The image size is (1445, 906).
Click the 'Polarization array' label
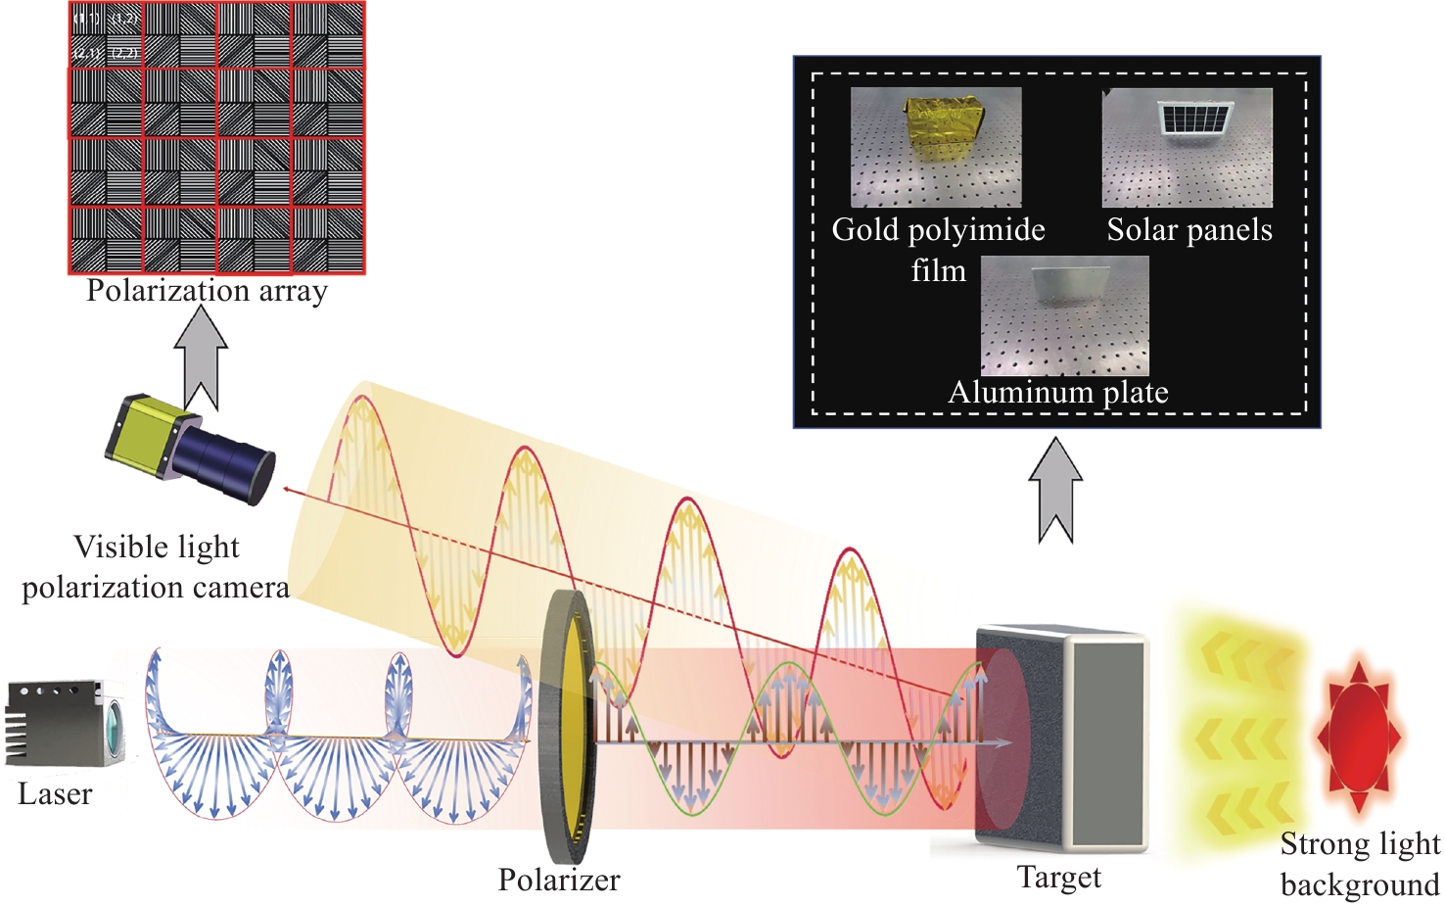[207, 291]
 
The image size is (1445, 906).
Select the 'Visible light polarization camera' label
[157, 566]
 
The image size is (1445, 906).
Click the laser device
[65, 724]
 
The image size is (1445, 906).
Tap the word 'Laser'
[55, 793]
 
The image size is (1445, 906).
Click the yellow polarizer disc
[566, 725]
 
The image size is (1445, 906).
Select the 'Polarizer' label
[558, 880]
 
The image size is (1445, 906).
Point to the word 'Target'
[1058, 877]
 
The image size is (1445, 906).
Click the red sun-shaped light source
[1358, 735]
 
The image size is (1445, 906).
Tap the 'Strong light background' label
[1360, 864]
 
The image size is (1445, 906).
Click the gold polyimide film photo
[935, 147]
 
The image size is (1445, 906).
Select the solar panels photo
[1187, 147]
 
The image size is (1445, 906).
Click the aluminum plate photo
[1064, 315]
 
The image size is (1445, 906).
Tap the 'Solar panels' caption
[1189, 230]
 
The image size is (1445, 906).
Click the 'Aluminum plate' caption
[1058, 393]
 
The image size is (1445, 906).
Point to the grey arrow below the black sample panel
[1055, 490]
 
